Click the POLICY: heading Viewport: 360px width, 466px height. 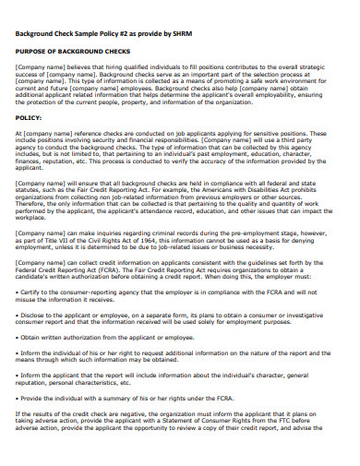click(x=30, y=118)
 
